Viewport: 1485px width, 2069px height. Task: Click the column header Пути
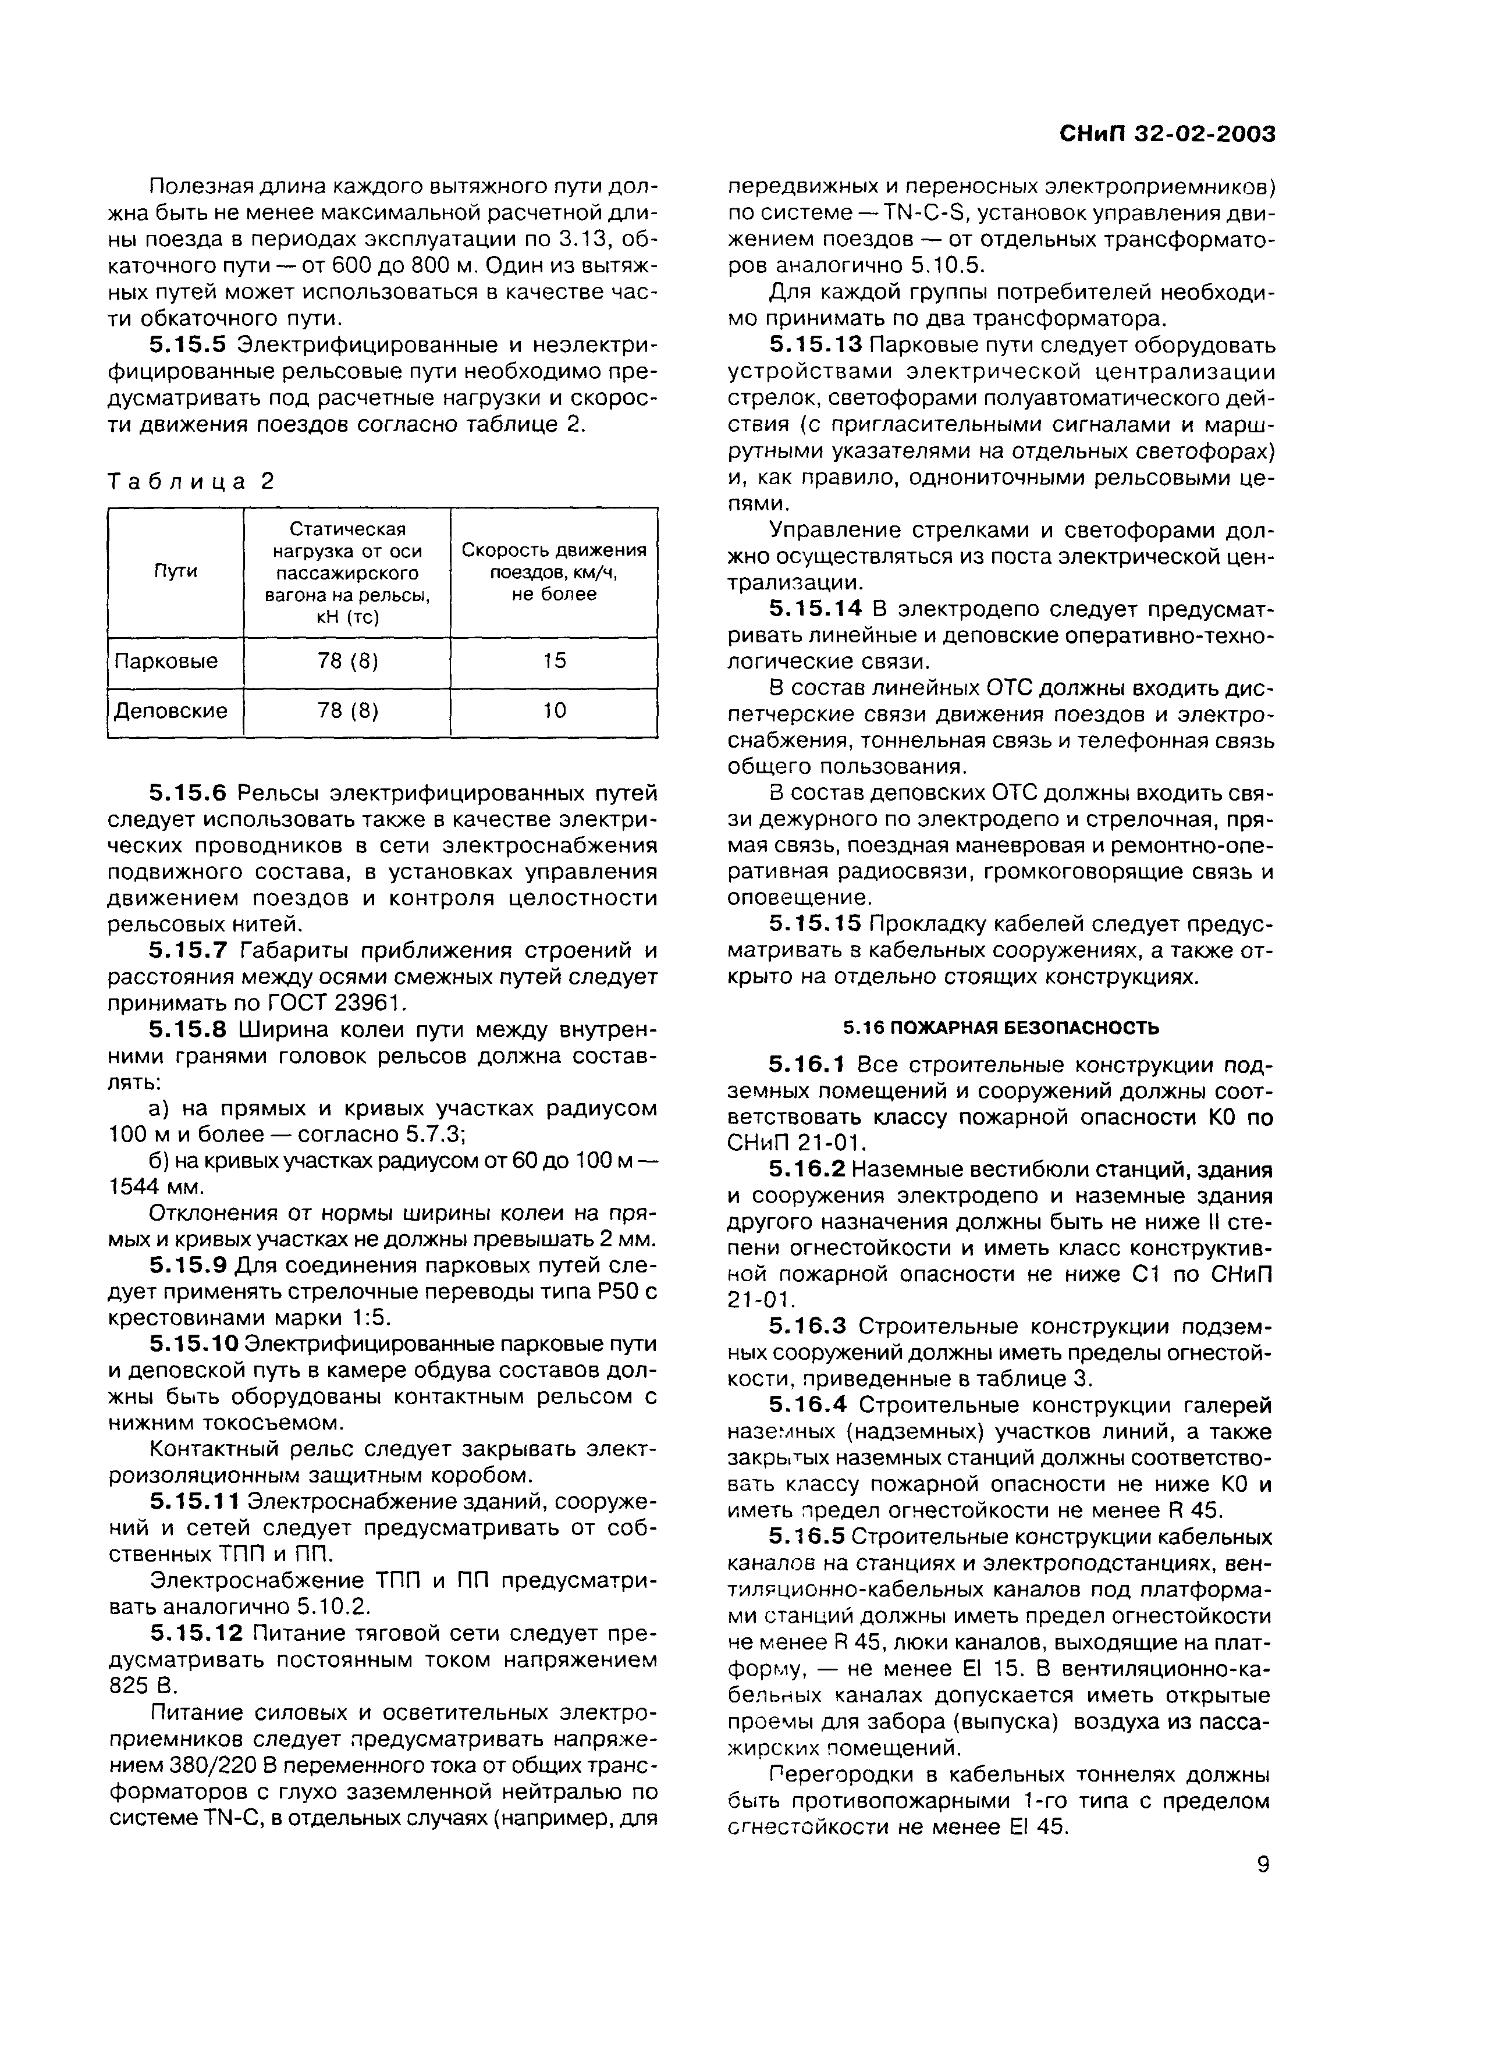(x=175, y=572)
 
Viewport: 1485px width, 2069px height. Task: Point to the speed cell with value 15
(x=554, y=660)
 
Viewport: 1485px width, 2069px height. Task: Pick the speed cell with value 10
(x=554, y=710)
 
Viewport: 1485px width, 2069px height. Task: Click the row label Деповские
(x=170, y=710)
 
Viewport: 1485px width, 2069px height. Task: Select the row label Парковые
(x=164, y=660)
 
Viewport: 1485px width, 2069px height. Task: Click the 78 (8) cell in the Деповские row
(x=347, y=710)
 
